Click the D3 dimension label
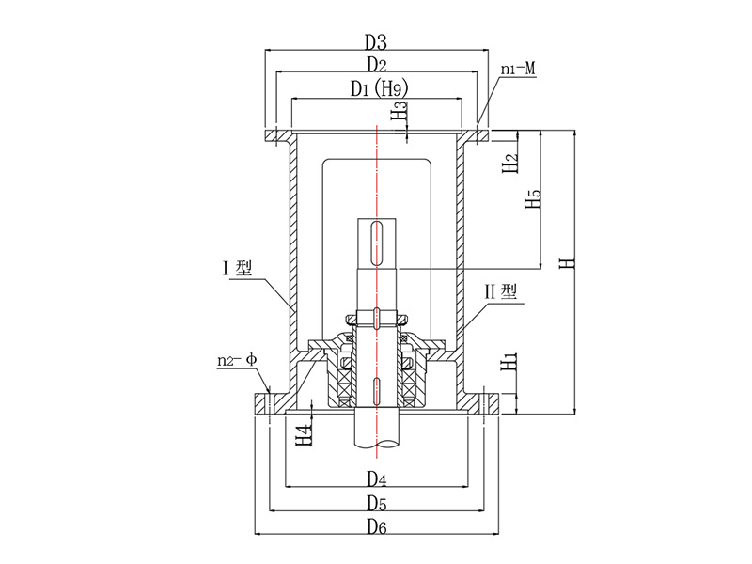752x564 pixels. [x=376, y=42]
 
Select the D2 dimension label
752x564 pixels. [x=376, y=66]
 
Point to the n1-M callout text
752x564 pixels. [x=518, y=69]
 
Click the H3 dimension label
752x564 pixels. [x=400, y=115]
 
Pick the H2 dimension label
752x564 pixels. [x=510, y=163]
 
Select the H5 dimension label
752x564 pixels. [x=533, y=199]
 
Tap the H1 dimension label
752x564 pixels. [x=509, y=360]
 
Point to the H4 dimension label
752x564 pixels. [x=303, y=434]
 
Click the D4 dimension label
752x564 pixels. [x=376, y=478]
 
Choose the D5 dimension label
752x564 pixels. [x=376, y=502]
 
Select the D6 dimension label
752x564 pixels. [x=376, y=525]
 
